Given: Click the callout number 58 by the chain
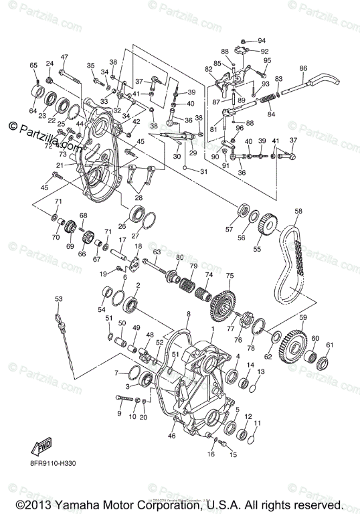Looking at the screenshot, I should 298,211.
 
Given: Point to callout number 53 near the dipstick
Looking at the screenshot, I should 59,298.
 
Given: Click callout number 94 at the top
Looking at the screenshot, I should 262,40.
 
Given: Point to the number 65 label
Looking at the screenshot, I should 33,65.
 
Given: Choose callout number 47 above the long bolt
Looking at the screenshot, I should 64,57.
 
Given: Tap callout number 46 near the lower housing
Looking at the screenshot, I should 172,436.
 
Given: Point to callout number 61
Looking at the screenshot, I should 329,345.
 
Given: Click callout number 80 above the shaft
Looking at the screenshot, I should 179,258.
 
